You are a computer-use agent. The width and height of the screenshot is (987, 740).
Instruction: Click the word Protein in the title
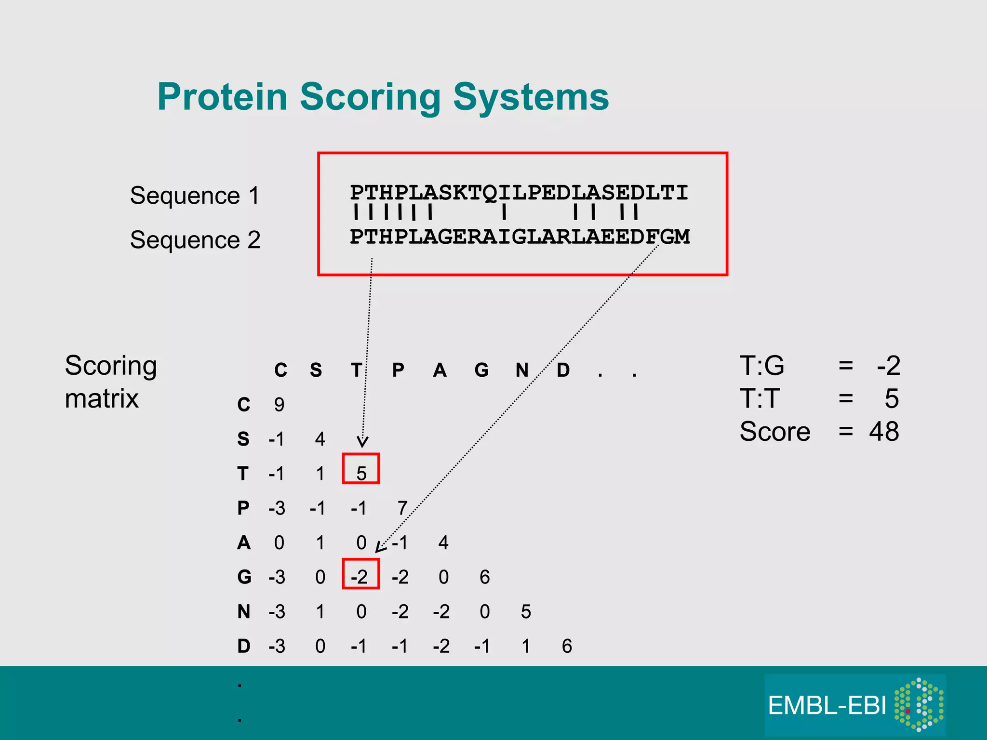222,97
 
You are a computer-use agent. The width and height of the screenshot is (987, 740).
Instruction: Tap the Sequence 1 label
195,196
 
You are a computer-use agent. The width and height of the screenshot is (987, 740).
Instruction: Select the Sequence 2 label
195,240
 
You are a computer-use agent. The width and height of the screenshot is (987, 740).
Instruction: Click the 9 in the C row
279,405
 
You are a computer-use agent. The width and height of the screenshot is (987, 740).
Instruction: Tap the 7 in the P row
402,508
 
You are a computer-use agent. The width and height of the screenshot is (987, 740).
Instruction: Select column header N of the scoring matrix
522,370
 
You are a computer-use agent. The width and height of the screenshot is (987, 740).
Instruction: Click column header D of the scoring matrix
563,370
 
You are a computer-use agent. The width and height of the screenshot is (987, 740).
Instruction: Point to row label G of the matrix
244,577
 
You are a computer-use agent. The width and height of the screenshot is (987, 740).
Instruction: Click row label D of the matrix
244,646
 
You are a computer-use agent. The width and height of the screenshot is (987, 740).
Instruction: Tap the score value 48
884,431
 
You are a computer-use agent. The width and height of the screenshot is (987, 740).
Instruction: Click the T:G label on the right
762,366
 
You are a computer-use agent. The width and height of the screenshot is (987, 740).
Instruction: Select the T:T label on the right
760,398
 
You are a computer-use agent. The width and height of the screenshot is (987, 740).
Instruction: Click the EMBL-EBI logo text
827,706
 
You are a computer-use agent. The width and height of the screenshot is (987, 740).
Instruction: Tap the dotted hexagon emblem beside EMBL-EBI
919,704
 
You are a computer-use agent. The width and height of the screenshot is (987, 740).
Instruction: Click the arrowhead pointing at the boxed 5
362,442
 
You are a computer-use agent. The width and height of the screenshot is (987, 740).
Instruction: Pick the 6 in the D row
567,646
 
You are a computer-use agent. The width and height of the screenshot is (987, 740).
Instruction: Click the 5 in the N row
526,612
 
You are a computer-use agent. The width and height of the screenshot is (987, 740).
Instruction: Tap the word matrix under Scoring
102,398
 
